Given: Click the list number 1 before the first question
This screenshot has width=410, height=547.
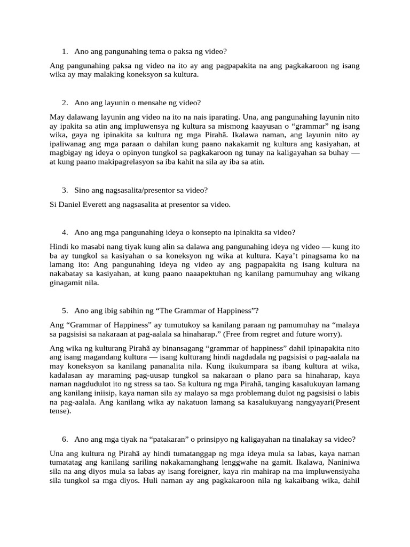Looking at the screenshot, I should [x=64, y=52].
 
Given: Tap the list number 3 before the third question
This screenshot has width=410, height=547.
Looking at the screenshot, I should [x=64, y=190].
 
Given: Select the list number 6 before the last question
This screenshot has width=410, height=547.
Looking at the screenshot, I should [x=64, y=440].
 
